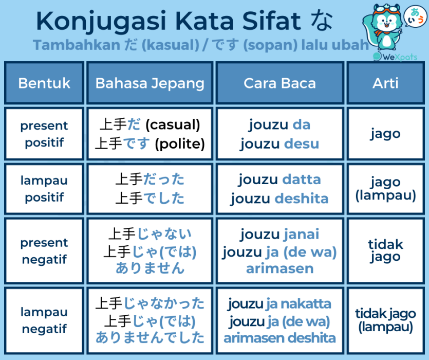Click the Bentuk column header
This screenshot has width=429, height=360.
click(x=44, y=83)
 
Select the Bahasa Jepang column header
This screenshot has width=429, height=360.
click(x=150, y=83)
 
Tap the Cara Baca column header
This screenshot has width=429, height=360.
click(x=279, y=83)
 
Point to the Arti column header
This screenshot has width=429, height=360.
click(x=385, y=83)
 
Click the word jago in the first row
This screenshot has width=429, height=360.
click(x=385, y=134)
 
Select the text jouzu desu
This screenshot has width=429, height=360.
click(x=279, y=144)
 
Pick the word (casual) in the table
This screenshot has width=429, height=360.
click(x=173, y=124)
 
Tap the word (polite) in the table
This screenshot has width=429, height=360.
click(x=180, y=144)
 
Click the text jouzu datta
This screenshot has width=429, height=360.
click(x=279, y=179)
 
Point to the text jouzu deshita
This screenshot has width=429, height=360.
click(x=279, y=199)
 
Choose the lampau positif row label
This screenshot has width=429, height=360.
click(x=44, y=189)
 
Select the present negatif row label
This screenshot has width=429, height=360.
click(x=44, y=251)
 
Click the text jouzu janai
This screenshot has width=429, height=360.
click(x=279, y=234)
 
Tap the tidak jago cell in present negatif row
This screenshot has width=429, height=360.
click(x=385, y=250)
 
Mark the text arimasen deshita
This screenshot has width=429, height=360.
click(x=279, y=338)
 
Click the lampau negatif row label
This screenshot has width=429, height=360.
click(x=44, y=320)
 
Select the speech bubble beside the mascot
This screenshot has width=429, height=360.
click(x=415, y=16)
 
